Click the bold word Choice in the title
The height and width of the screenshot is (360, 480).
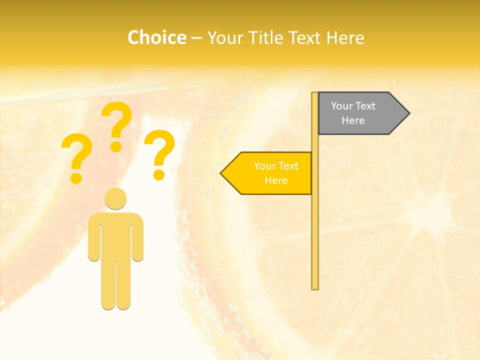point(156,37)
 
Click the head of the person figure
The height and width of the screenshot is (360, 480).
point(115,198)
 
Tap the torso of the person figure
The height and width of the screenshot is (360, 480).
point(115,235)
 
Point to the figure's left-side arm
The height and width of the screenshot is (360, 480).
point(94,240)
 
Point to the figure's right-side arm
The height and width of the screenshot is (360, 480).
point(137,240)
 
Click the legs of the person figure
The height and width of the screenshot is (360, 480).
point(115,285)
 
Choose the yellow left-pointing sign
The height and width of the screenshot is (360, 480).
point(270,173)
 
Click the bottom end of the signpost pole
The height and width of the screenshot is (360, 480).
point(315,287)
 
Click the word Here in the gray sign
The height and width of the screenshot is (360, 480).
point(353,120)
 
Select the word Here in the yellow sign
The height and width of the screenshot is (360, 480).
point(276,180)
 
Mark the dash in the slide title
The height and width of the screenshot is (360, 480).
point(196,38)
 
